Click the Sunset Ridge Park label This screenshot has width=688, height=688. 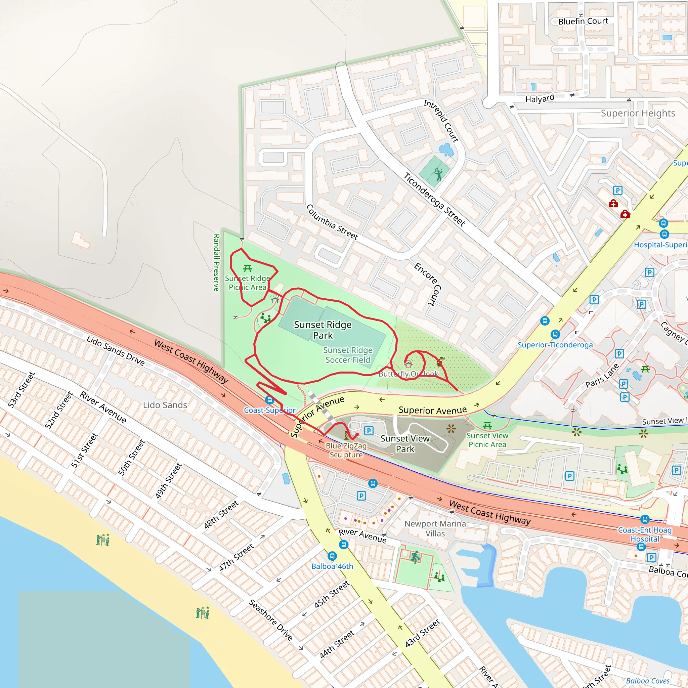[x=322, y=330]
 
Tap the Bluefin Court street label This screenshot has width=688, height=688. [x=583, y=21]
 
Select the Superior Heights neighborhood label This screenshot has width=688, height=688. [x=638, y=113]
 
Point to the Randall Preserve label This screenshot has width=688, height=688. [x=216, y=262]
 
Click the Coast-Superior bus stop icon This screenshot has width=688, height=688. [x=269, y=400]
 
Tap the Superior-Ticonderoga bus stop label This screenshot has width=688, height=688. [x=555, y=345]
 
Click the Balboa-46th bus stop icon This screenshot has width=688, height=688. [x=332, y=556]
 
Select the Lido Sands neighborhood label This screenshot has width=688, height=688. [x=165, y=405]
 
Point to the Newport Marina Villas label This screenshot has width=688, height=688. [x=435, y=528]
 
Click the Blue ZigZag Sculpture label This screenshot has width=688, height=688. [x=346, y=450]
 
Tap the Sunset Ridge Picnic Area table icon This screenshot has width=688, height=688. [x=248, y=268]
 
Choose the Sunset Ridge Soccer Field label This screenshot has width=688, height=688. [x=348, y=355]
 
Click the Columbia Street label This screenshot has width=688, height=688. [x=332, y=222]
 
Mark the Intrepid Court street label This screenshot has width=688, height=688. [x=441, y=121]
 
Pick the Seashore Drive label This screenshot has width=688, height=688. [x=271, y=619]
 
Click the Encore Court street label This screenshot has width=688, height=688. [x=428, y=284]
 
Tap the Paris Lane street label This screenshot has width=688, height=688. [x=602, y=376]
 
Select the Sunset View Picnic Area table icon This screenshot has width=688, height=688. [x=487, y=426]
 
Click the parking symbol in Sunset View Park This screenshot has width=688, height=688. [x=369, y=431]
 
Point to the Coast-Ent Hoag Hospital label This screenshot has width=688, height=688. [x=645, y=534]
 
